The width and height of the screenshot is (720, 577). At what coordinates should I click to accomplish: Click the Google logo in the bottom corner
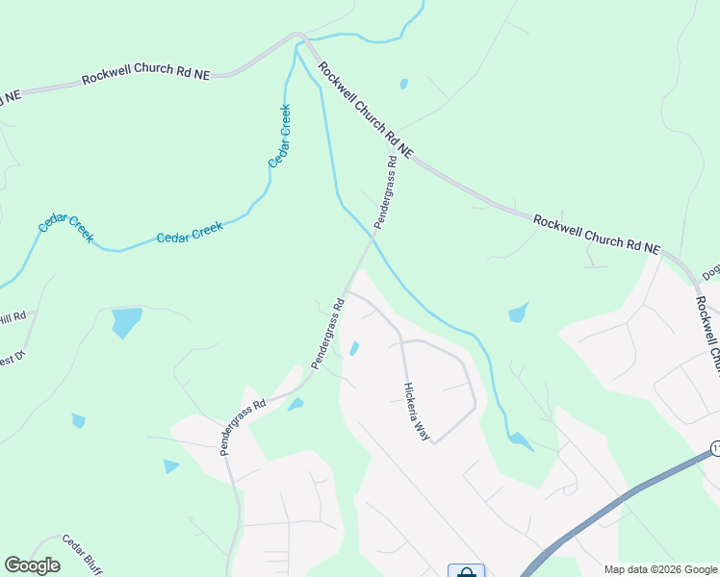tap(32, 565)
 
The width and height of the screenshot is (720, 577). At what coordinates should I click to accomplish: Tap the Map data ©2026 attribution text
tap(658, 569)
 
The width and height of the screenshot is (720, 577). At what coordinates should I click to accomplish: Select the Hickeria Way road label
tap(416, 411)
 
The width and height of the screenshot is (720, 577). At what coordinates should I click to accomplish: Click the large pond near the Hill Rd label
tap(125, 321)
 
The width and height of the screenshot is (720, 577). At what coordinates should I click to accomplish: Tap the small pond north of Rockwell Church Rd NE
tap(403, 84)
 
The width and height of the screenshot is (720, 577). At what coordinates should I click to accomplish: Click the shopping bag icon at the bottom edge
tap(466, 571)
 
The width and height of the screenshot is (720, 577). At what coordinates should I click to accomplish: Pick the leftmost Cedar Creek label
tap(65, 228)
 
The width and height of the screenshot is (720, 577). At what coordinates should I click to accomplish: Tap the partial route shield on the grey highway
tap(715, 449)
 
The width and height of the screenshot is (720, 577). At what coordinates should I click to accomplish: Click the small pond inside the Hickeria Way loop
tap(354, 348)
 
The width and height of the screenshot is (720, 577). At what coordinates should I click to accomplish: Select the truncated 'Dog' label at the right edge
tap(712, 273)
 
